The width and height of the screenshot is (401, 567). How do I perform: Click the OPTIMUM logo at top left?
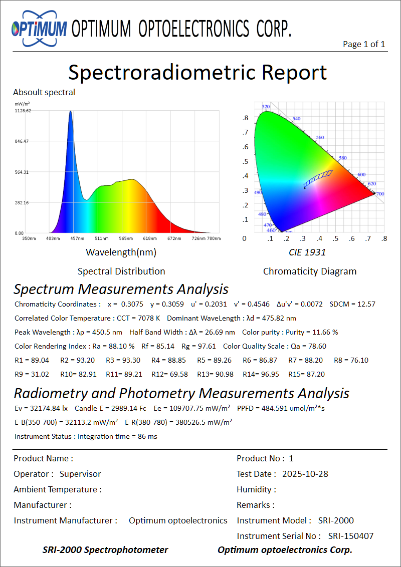[x=39, y=29]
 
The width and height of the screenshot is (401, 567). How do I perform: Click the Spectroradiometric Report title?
[x=197, y=72]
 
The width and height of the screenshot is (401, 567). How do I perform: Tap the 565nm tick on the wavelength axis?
[x=126, y=238]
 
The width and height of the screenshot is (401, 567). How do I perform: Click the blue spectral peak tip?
[x=71, y=112]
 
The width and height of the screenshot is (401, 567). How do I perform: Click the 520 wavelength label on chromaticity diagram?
[x=266, y=107]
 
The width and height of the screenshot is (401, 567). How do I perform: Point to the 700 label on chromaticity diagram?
[x=380, y=194]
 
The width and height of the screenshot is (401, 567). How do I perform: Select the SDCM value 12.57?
[x=367, y=304]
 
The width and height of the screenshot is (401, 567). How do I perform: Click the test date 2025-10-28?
[x=305, y=474]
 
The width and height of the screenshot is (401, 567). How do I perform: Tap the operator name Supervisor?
[x=80, y=474]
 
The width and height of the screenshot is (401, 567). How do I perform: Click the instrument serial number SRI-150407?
[x=351, y=536]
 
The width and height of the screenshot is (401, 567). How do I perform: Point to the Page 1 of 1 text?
[x=364, y=44]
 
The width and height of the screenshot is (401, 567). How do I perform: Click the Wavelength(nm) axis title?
[x=121, y=252]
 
